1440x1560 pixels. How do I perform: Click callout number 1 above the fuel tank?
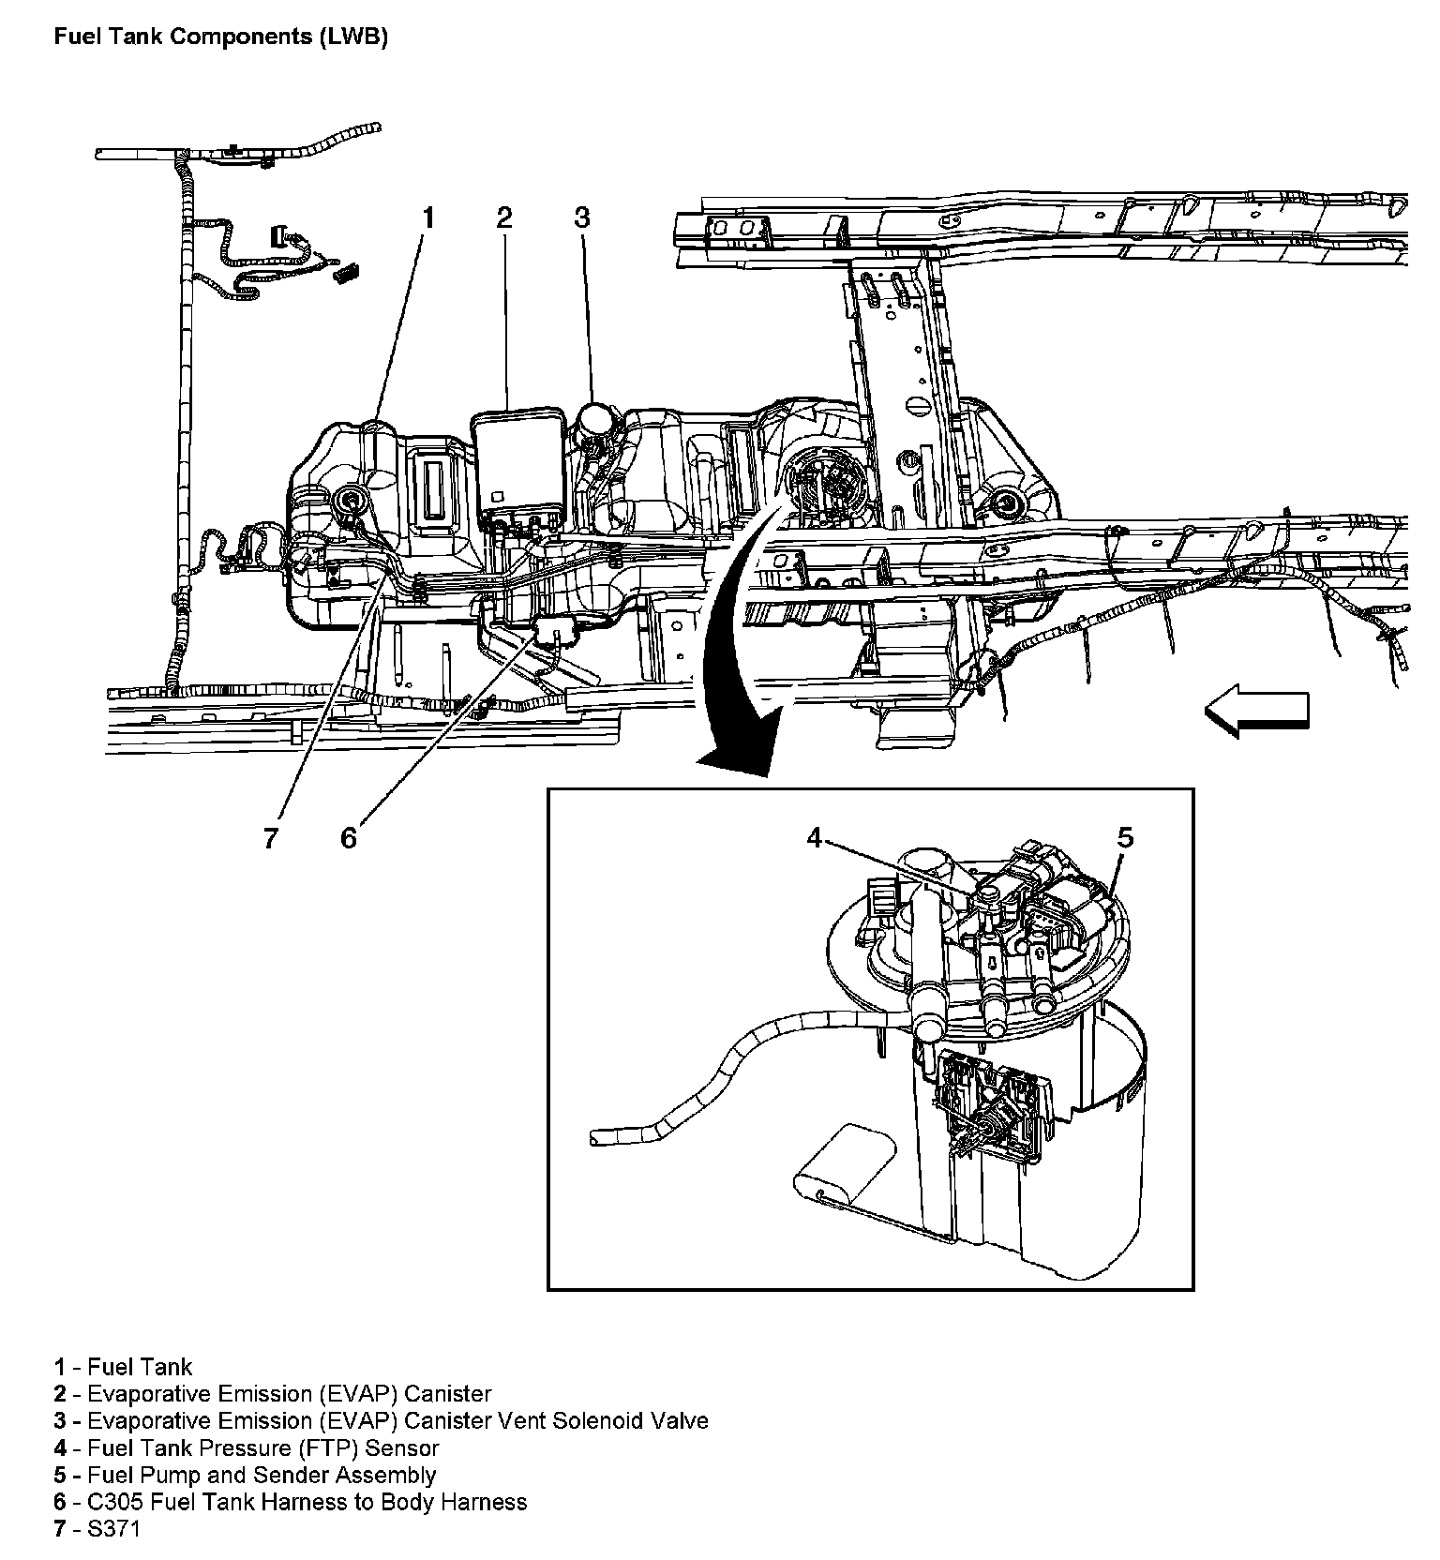[427, 218]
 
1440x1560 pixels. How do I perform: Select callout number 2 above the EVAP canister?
[504, 218]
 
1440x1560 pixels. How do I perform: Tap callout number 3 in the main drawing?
[582, 218]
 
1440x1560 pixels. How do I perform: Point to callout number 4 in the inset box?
[815, 837]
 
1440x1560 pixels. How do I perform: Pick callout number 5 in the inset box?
[1125, 837]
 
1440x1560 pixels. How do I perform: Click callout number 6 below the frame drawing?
[349, 837]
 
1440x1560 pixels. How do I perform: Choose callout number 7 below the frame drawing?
[271, 837]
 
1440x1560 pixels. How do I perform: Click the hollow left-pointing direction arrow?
[1256, 712]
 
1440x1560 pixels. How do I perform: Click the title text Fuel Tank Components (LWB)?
[220, 37]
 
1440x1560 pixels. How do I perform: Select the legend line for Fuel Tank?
[123, 1367]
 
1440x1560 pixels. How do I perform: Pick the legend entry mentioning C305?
[290, 1502]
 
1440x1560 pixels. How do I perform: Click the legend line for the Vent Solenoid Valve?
[381, 1420]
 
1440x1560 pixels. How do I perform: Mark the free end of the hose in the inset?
[596, 1138]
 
